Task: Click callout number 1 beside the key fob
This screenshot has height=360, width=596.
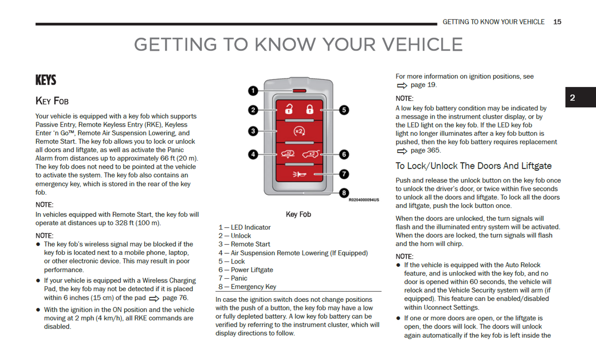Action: [253, 91]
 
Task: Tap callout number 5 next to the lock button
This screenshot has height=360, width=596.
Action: [344, 110]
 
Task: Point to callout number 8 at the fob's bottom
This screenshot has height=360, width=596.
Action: [344, 193]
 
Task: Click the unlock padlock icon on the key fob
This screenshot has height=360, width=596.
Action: [289, 109]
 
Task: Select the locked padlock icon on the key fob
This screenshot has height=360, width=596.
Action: [309, 109]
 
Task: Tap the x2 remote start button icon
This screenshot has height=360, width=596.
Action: [299, 132]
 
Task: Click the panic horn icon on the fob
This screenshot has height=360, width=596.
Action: [299, 174]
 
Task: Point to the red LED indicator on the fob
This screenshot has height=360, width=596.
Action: [299, 91]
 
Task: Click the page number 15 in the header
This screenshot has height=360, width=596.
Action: [557, 22]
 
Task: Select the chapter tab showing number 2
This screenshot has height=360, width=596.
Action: [572, 98]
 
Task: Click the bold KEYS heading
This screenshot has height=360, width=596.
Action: [46, 80]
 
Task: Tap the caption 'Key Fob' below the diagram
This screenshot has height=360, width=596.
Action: [298, 214]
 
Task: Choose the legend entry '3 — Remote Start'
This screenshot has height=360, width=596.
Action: [244, 244]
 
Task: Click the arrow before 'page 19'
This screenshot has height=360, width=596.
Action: [402, 85]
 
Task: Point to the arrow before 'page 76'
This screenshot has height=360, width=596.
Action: [154, 299]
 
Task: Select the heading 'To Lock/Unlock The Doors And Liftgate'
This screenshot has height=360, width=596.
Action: [474, 166]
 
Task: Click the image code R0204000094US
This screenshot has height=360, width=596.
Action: [363, 200]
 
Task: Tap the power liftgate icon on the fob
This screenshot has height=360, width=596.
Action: [311, 154]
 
